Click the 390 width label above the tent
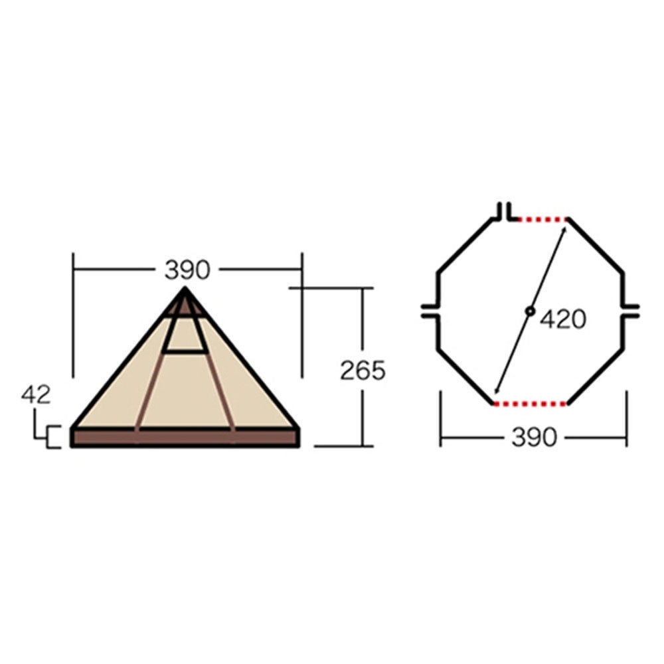tap(187, 270)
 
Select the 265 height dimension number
tap(363, 371)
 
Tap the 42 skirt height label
tap(36, 395)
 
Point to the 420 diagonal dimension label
tap(563, 319)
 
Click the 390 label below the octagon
tap(535, 437)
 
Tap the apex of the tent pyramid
tap(185, 288)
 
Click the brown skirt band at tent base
tap(185, 438)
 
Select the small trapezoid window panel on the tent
tap(185, 335)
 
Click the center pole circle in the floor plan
tap(530, 311)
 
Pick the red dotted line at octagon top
tap(542, 219)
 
